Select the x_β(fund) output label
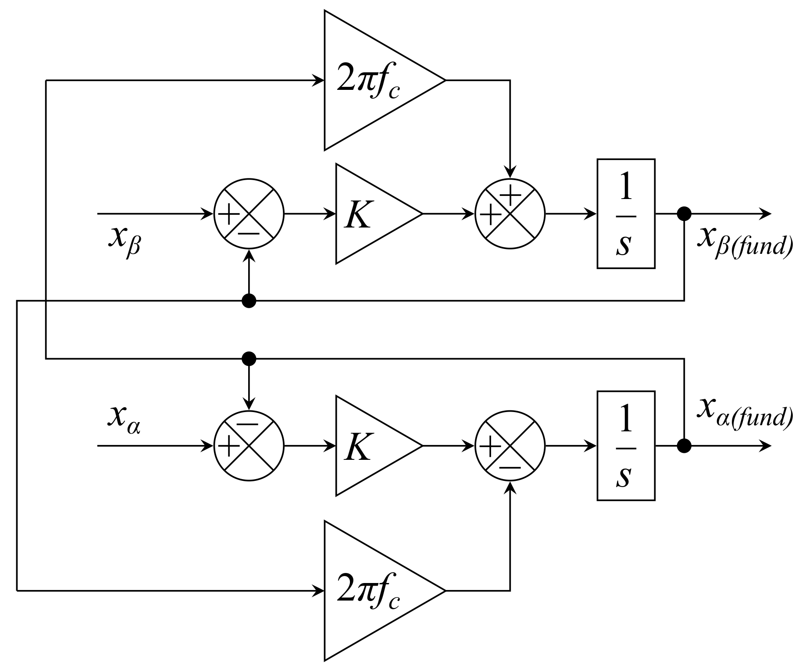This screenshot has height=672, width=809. click(744, 242)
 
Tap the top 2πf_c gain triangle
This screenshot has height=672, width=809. click(373, 81)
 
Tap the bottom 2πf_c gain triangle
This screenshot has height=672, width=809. click(373, 590)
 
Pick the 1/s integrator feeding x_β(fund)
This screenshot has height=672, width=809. click(626, 214)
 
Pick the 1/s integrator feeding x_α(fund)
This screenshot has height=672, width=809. click(626, 446)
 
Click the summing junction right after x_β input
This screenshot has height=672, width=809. click(249, 214)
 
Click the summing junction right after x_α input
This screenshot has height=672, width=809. click(249, 446)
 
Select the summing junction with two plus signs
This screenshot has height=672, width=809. click(510, 214)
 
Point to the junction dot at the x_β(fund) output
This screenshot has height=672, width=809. click(684, 214)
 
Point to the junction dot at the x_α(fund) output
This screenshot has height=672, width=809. click(684, 446)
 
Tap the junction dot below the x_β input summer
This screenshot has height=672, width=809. click(249, 301)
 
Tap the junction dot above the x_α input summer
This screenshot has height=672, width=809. click(249, 359)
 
